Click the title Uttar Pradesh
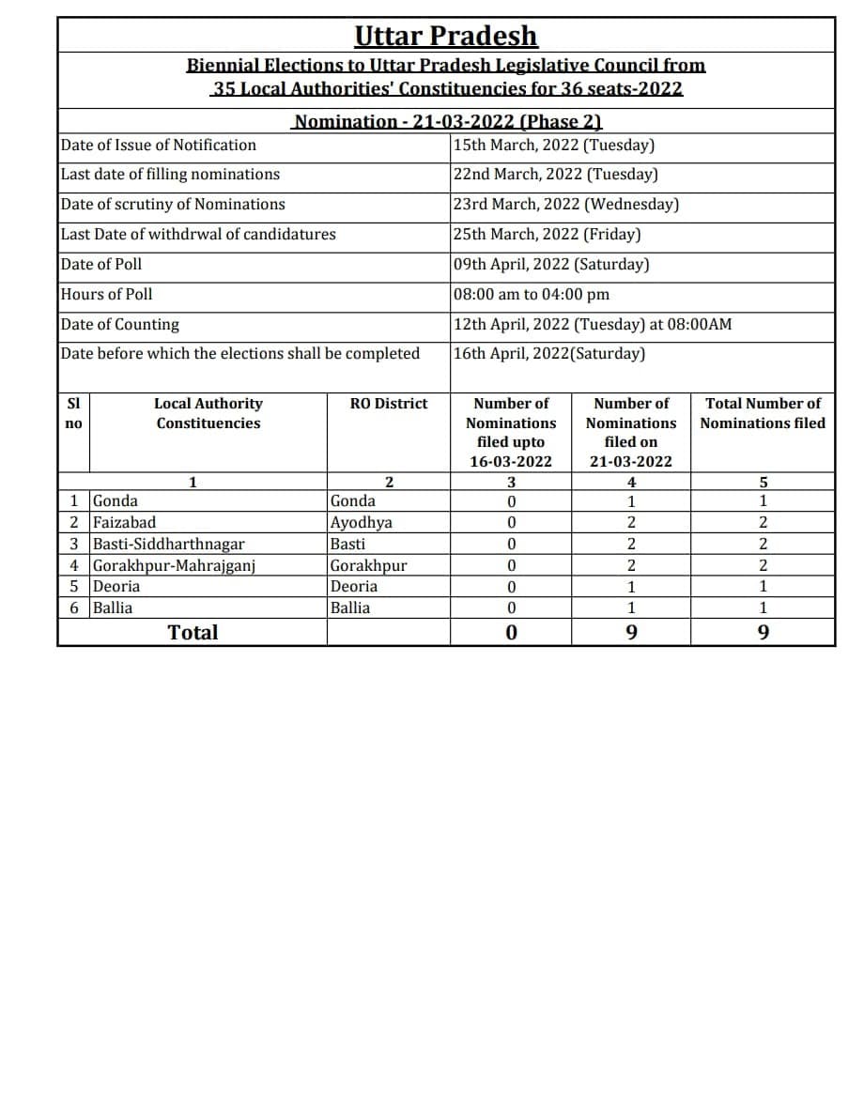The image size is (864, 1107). [x=446, y=36]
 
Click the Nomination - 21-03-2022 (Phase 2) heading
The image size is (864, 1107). [x=447, y=121]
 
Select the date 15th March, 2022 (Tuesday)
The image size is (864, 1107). [x=553, y=145]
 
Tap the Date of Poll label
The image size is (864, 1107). [x=101, y=264]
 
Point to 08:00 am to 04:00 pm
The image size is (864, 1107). [x=531, y=294]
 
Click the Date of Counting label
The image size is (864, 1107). [x=119, y=324]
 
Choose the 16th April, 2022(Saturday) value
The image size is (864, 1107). [x=549, y=353]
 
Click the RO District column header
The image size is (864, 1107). [x=388, y=403]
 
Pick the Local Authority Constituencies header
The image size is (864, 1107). [x=208, y=413]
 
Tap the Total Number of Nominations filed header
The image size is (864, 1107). [x=763, y=413]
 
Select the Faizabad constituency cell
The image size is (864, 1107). [x=125, y=522]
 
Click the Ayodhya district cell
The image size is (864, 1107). [x=362, y=522]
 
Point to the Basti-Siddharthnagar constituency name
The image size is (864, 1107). [x=169, y=544]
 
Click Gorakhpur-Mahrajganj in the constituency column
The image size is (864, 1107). [x=175, y=565]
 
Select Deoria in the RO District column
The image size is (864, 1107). [x=354, y=586]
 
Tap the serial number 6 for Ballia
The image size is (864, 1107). [x=74, y=607]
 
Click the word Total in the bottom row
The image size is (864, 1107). [x=193, y=632]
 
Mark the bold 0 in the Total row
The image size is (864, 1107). [x=511, y=632]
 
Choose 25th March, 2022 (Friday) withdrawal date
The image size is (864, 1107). [x=547, y=234]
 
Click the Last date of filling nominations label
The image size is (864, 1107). [x=170, y=174]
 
